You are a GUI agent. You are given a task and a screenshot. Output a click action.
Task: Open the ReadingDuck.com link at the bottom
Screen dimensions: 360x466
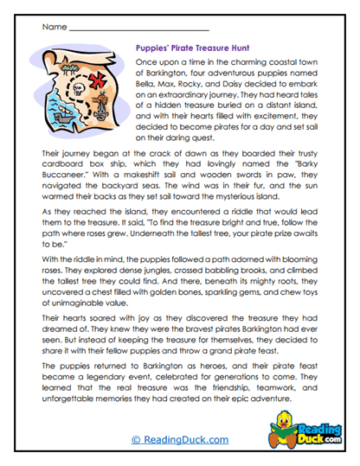[179, 440]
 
